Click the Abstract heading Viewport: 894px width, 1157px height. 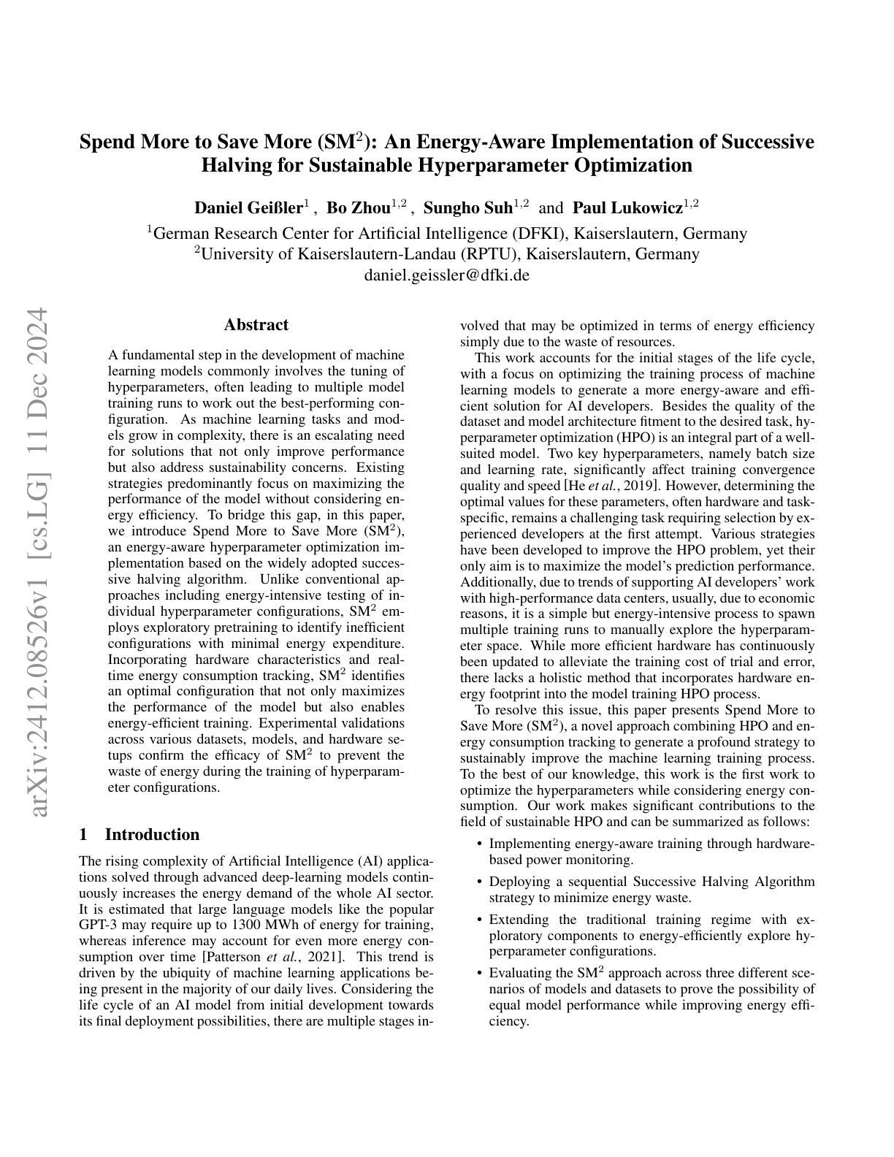click(256, 325)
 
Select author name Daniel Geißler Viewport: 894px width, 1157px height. click(248, 208)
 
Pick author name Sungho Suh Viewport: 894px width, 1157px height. click(468, 208)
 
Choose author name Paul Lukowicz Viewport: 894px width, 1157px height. click(627, 208)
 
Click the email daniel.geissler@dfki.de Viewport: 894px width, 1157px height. click(446, 275)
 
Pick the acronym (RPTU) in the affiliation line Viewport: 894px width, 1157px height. click(492, 254)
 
